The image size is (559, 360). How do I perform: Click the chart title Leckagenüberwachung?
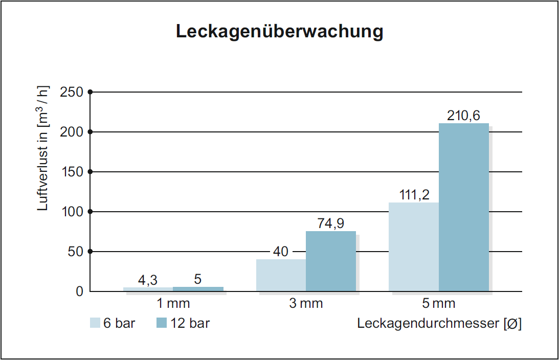(x=279, y=32)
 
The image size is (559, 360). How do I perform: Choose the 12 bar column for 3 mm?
(x=330, y=261)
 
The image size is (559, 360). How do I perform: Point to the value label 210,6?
(x=463, y=116)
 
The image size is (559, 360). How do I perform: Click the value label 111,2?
(x=414, y=195)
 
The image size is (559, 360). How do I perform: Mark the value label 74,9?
(x=331, y=224)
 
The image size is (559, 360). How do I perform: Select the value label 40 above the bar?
(x=281, y=252)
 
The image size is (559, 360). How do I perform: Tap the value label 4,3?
(x=148, y=280)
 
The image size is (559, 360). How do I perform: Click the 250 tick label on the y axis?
(x=72, y=92)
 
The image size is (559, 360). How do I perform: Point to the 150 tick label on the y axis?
(x=72, y=172)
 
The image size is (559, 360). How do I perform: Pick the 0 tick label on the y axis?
(x=79, y=291)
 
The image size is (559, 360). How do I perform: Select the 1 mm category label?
(x=173, y=304)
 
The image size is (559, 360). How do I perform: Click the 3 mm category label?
(x=306, y=304)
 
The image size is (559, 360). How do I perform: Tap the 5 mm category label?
(x=439, y=304)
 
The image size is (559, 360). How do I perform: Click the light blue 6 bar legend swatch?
(x=95, y=323)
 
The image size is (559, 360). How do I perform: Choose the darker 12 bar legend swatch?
(x=162, y=323)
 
